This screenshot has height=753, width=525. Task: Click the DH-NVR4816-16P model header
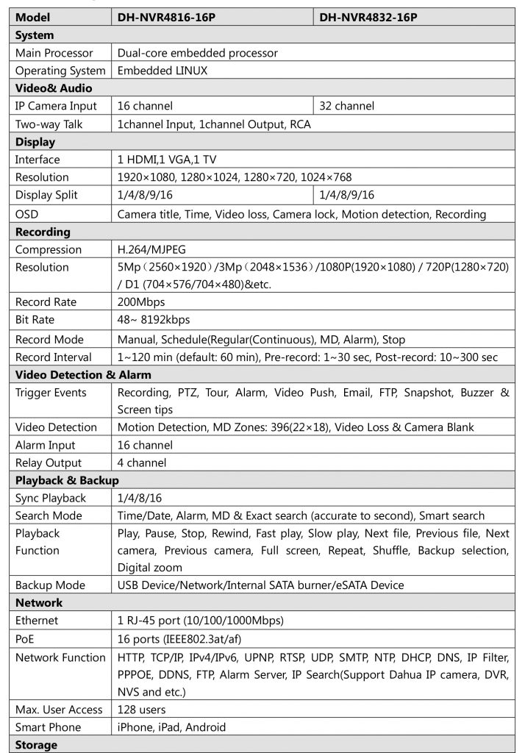pos(163,17)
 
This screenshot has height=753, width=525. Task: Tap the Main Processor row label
pos(54,53)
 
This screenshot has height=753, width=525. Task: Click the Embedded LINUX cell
pos(162,71)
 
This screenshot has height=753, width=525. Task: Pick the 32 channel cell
pos(347,106)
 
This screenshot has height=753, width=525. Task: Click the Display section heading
pos(35,142)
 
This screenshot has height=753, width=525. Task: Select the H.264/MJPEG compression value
pos(154,249)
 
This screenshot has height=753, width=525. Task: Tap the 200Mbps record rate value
pos(141,302)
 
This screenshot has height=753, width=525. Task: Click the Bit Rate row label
pos(35,320)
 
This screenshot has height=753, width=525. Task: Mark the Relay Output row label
pos(49,463)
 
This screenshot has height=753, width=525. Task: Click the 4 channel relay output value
pos(142,463)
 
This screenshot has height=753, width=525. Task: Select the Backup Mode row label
pos(50,585)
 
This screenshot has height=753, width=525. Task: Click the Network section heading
pos(38,603)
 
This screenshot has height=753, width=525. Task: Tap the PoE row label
pos(26,639)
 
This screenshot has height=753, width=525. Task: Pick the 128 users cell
pos(142,710)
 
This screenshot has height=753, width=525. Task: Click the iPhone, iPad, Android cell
pos(172,727)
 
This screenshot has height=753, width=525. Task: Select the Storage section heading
pos(36,745)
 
